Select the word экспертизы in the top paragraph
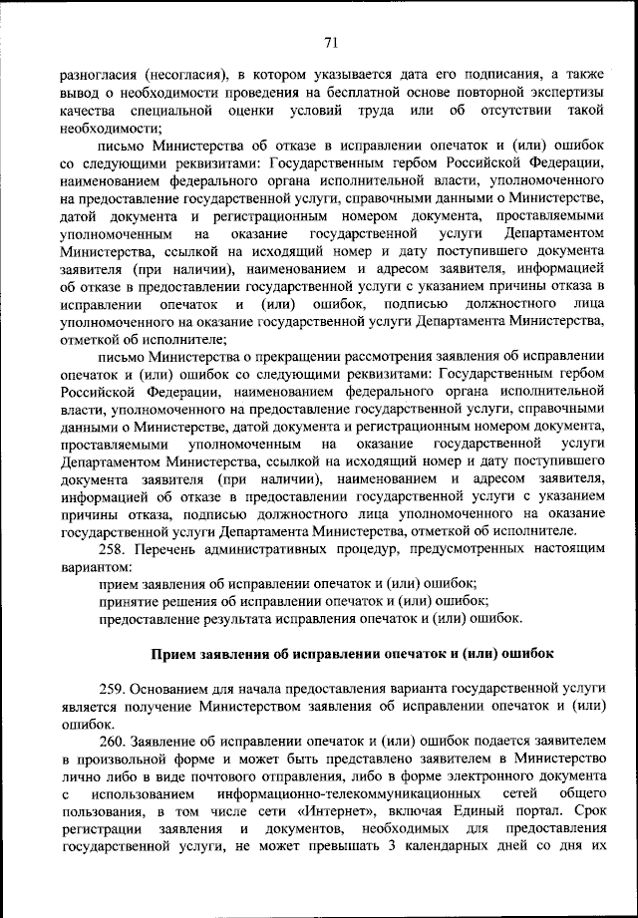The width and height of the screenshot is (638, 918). coord(563,92)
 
